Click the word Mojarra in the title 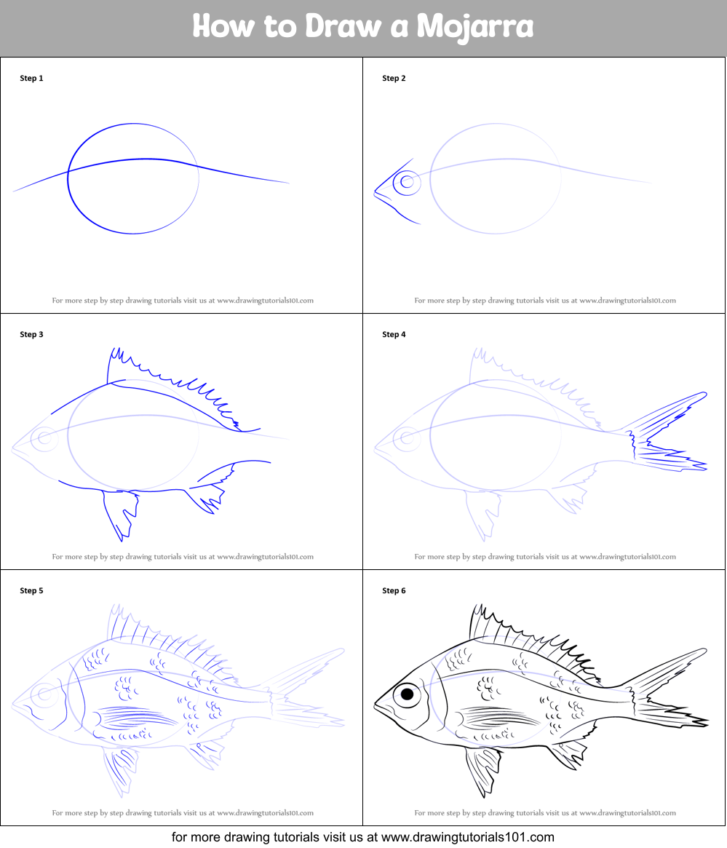[475, 26]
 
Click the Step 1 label [31, 78]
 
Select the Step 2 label [394, 78]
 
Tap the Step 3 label [31, 334]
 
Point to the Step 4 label [394, 334]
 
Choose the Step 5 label [31, 590]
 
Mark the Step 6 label [394, 590]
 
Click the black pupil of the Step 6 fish [408, 694]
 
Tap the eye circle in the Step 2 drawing [407, 182]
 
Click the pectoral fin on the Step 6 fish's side [497, 718]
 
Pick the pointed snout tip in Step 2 [375, 191]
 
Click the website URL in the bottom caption [468, 837]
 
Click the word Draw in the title [343, 26]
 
